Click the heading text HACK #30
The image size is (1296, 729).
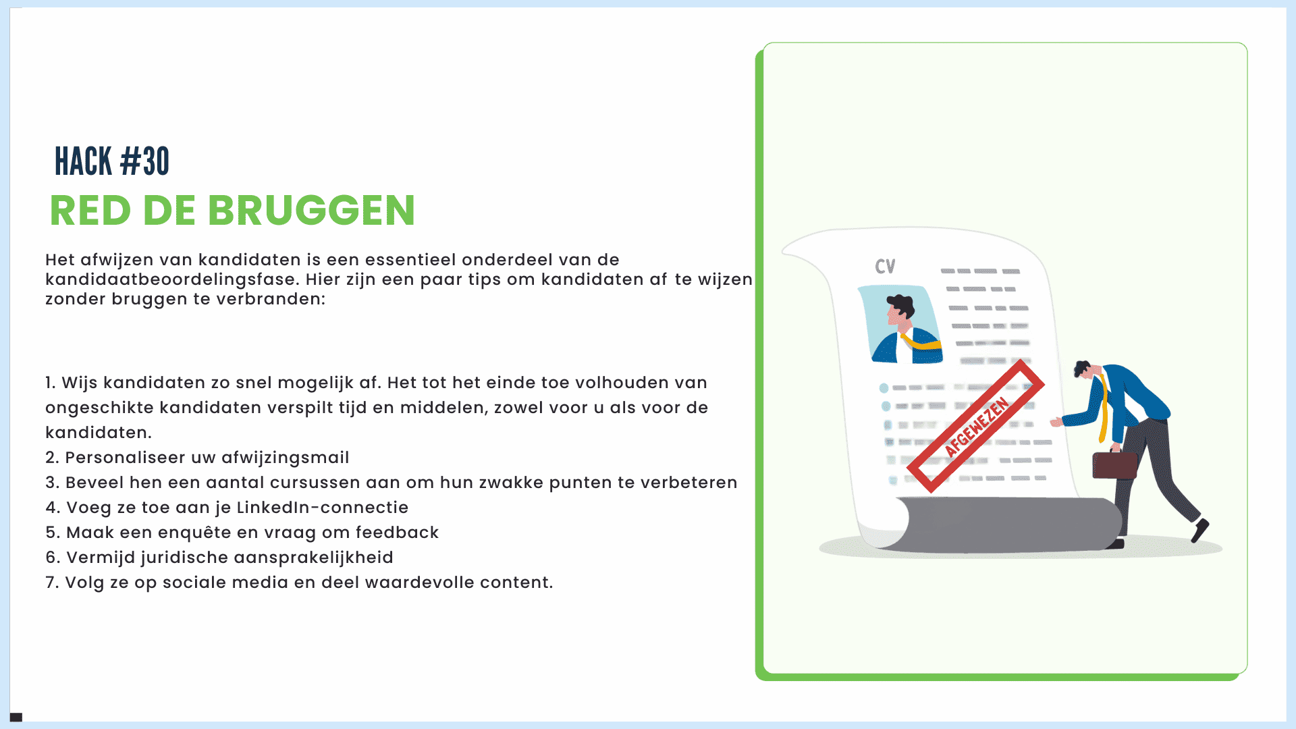[x=112, y=162]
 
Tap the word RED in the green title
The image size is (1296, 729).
[x=90, y=210]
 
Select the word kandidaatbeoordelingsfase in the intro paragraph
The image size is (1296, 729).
[x=172, y=279]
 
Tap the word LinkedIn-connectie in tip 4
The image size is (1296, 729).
[x=323, y=508]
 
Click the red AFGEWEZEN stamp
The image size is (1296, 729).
[x=976, y=426]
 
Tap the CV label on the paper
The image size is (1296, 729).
[x=885, y=267]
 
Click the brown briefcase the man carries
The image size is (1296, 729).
[x=1115, y=464]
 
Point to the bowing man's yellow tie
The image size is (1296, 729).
[x=1103, y=408]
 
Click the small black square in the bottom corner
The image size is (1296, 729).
[x=16, y=717]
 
